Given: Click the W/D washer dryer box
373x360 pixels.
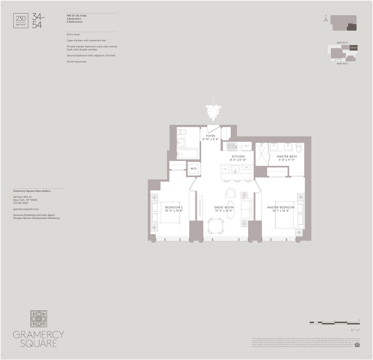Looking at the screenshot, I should [x=194, y=168].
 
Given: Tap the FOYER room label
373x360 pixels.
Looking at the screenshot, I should [x=210, y=136].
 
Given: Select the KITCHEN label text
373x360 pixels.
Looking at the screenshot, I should [x=238, y=157].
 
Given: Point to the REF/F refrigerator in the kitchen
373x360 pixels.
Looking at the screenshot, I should [x=247, y=146].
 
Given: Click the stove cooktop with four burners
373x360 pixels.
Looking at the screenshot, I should [x=231, y=146].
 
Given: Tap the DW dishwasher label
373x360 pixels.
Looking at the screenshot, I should [x=225, y=168].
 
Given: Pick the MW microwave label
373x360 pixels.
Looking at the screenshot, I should [x=247, y=167].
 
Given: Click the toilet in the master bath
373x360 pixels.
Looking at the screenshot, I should [x=298, y=147].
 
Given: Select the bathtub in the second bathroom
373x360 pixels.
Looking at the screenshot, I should [x=187, y=154].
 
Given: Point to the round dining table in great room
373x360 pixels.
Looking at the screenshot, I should [x=216, y=226].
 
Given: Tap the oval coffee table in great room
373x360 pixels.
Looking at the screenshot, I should [x=230, y=210].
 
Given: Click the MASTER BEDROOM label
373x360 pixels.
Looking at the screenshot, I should [x=280, y=207].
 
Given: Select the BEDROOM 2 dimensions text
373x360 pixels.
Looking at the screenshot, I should [x=174, y=211].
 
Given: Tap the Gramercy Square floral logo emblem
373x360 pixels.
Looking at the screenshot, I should [x=39, y=319].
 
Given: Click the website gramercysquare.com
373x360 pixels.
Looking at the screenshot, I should [x=26, y=209].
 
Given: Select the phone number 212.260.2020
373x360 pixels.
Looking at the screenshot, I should [x=21, y=203].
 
